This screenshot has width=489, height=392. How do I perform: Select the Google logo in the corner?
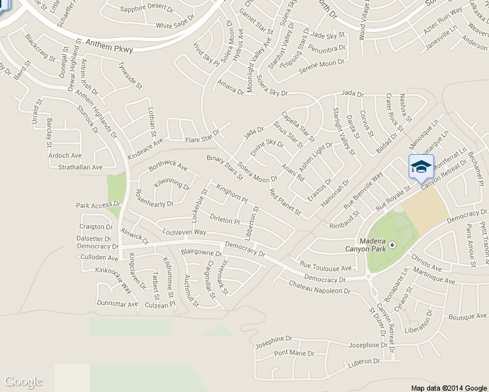23,382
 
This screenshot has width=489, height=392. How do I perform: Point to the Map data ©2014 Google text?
449,387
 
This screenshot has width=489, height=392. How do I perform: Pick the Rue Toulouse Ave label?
325,267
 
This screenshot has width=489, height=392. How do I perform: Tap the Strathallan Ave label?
78,168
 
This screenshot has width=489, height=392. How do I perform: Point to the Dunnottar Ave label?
117,304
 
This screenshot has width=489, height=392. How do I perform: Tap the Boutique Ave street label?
468,316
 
